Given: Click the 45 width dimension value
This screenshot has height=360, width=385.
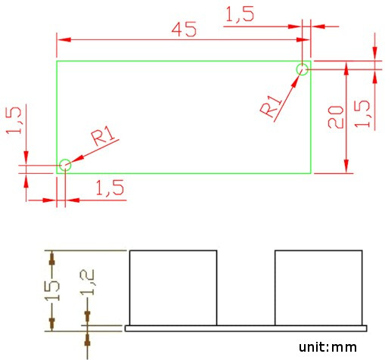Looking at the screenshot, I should (184, 29).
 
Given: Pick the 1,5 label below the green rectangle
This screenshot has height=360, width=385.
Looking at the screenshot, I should (110, 188).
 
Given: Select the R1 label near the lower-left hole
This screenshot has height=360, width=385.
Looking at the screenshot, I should (104, 137).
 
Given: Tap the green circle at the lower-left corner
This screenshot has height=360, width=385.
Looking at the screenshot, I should (65, 164).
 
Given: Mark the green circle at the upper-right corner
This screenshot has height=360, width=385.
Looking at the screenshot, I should (303, 70).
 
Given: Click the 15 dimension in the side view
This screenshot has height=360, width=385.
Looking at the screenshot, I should (51, 289).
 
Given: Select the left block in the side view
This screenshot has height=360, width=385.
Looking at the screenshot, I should (174, 287).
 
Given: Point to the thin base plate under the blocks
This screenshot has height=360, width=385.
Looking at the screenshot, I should (246, 328).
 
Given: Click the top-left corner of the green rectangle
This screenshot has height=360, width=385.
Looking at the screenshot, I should (57, 61).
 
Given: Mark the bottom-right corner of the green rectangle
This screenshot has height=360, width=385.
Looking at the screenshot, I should (310, 173).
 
